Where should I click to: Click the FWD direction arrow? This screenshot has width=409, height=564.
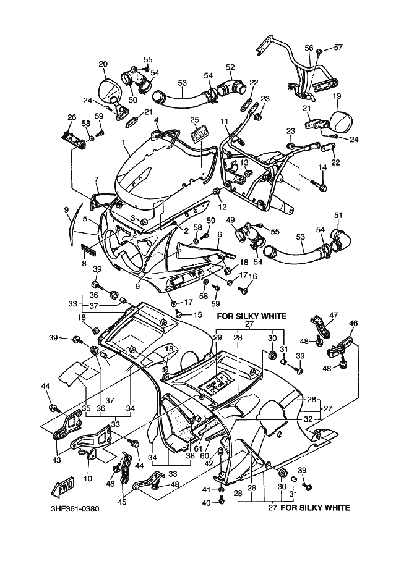(x=66, y=488)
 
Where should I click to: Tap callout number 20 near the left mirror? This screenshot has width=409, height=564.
(x=103, y=64)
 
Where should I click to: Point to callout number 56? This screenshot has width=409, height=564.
(x=309, y=47)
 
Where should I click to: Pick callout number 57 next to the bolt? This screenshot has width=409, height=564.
(x=338, y=48)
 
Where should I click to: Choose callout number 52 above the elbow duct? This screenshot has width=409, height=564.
(x=230, y=67)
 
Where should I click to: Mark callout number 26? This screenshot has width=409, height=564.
(x=72, y=118)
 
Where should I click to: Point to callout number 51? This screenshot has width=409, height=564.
(x=338, y=215)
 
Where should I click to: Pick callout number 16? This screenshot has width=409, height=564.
(x=252, y=276)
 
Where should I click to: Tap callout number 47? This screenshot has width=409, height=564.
(x=334, y=315)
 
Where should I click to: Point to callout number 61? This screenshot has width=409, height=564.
(x=197, y=448)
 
